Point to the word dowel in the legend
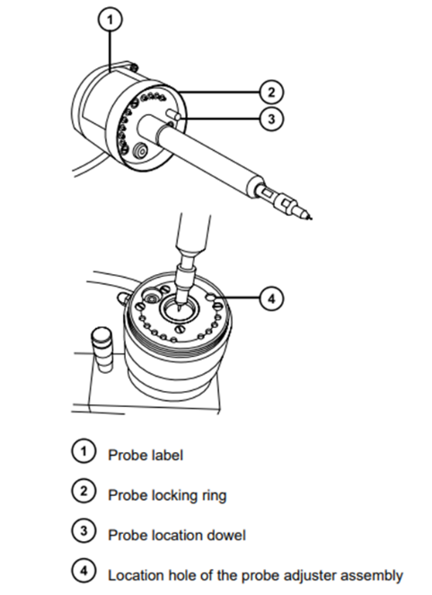[x=225, y=536]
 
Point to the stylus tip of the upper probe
[x=311, y=217]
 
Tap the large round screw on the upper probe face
[x=139, y=154]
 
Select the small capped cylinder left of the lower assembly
[x=101, y=350]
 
